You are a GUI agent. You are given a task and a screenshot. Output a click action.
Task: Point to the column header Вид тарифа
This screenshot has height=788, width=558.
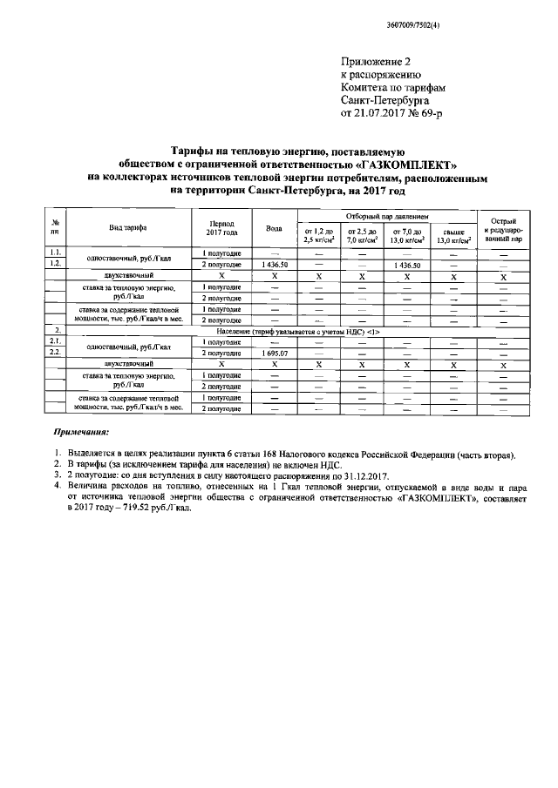(127, 227)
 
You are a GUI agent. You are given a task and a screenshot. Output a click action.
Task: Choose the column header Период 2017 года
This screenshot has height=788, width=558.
(221, 227)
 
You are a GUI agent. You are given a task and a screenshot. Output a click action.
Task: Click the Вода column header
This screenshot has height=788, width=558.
(273, 227)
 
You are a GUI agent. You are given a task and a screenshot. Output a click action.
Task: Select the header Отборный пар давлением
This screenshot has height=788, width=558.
(388, 214)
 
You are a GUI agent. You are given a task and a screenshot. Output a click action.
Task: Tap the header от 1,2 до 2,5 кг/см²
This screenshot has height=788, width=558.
(319, 234)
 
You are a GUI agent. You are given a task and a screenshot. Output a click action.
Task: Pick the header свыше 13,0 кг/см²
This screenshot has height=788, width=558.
(453, 234)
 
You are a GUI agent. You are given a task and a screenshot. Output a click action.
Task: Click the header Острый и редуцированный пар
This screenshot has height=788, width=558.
(505, 227)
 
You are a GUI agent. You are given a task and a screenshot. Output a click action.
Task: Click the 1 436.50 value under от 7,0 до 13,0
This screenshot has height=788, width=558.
(408, 264)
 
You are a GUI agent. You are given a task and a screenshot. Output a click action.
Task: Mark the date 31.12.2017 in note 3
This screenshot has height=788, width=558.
(342, 476)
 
